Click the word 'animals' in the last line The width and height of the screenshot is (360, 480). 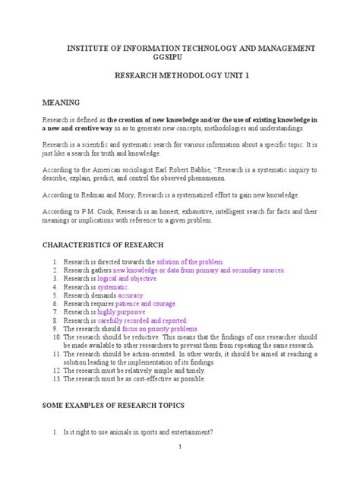coord(123,432)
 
